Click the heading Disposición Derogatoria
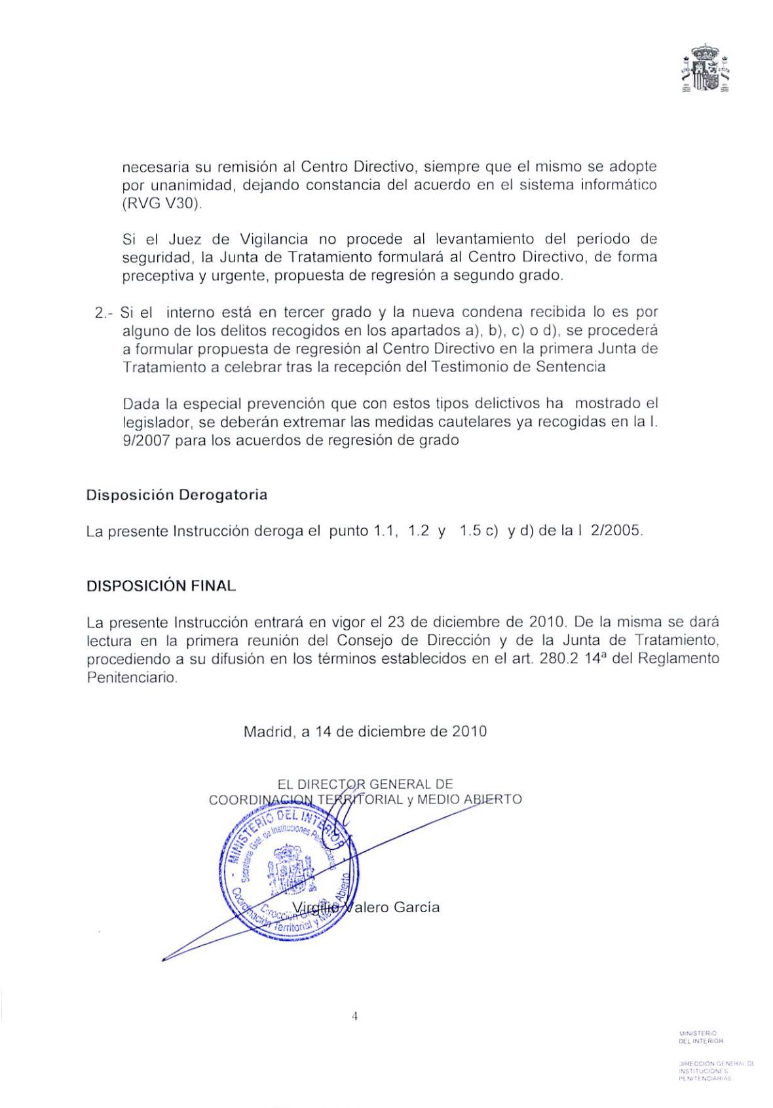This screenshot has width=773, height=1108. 176,495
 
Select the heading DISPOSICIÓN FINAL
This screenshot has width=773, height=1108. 161,586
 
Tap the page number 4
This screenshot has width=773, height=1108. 355,1016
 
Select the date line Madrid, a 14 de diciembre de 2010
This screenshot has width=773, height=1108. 365,731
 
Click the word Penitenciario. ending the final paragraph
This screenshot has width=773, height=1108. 132,678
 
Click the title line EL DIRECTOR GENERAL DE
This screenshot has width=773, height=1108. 365,784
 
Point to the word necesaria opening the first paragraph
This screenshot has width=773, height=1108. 154,167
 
